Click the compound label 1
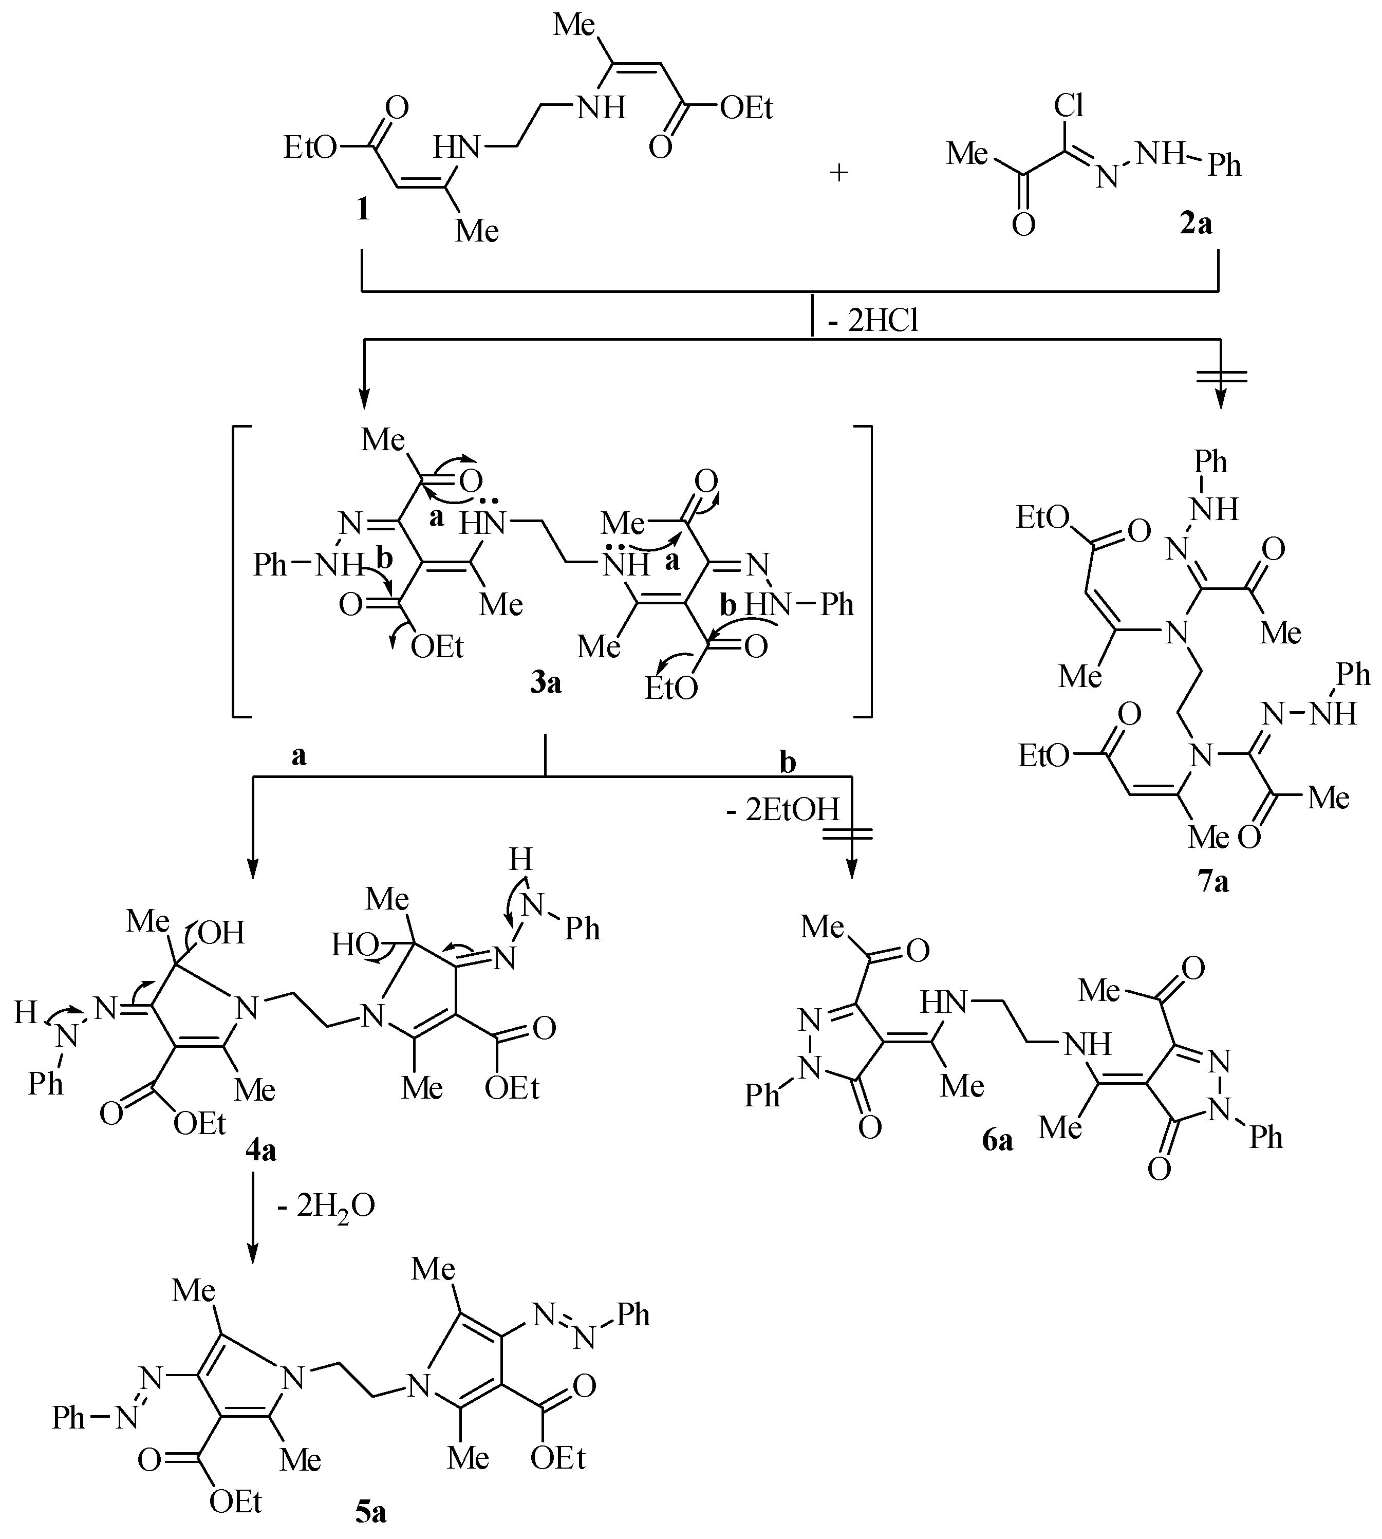(x=363, y=209)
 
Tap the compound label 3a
(x=545, y=683)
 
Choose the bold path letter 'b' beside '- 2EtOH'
(x=788, y=762)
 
